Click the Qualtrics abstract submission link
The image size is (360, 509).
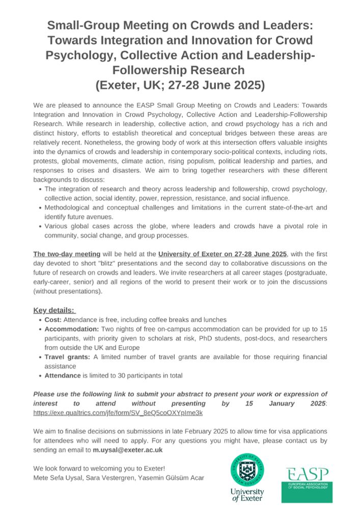118,413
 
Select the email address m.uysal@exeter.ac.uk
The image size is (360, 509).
133,450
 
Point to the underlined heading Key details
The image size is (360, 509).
54,310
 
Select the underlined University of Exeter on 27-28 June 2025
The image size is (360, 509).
223,253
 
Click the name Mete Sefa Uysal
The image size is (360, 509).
57,477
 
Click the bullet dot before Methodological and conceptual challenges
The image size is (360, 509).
40,208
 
